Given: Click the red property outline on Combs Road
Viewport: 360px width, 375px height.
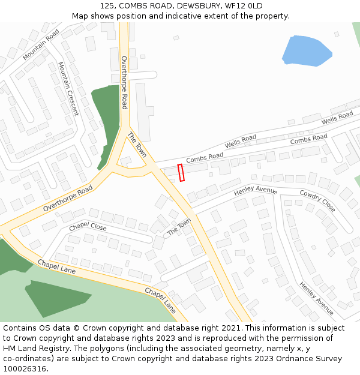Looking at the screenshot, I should [x=181, y=172].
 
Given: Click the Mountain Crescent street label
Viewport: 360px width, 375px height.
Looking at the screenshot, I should [x=68, y=88].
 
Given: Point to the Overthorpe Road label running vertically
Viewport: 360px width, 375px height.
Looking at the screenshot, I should [x=124, y=82].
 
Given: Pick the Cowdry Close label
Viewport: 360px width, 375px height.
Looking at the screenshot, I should [x=317, y=202].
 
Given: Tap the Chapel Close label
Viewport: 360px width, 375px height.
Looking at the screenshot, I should [x=88, y=227].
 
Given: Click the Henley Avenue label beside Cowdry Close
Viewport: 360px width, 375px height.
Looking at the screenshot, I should [x=256, y=190].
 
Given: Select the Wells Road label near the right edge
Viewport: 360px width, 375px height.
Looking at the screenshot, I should [x=337, y=118].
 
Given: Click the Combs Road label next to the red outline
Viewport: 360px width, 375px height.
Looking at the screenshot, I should [x=205, y=158].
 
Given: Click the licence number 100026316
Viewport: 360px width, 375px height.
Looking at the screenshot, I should [x=23, y=368].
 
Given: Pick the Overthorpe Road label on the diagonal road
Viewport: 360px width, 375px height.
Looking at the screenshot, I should [x=68, y=198].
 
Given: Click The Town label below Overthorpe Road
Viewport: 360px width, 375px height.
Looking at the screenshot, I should [x=137, y=145].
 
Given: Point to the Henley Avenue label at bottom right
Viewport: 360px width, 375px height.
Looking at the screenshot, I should [x=316, y=298].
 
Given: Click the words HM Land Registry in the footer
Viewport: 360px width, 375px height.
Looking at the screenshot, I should [x=36, y=348].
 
